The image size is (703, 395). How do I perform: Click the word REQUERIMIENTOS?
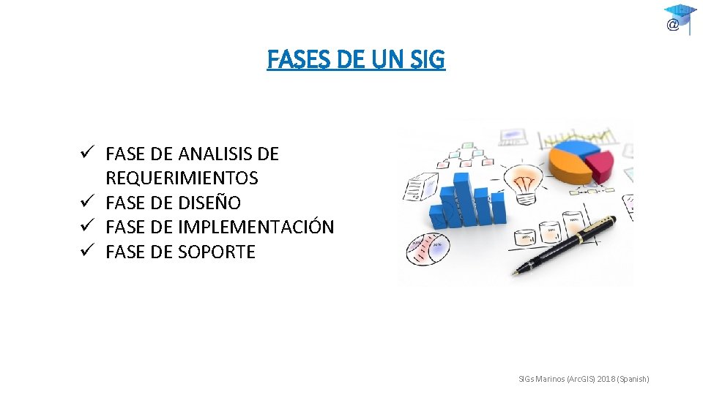pos(182,178)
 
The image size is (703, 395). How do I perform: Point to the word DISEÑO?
pos(209,203)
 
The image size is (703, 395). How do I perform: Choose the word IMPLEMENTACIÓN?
pos(256,227)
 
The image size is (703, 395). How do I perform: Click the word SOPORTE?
pos(216,252)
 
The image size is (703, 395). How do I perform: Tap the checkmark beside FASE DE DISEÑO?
pos(86,202)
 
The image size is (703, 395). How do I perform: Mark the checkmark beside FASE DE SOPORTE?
pos(86,251)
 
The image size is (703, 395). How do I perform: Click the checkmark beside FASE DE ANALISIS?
pos(86,154)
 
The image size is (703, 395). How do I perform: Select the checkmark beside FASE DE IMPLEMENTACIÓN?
pos(86,226)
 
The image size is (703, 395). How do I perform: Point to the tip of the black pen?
pos(515,273)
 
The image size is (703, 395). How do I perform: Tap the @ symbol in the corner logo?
pos(672,25)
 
